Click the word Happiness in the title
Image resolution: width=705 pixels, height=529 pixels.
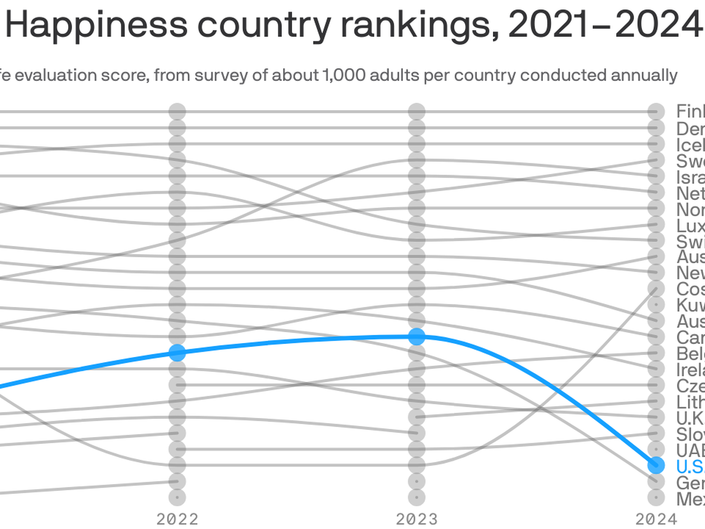pos(97,25)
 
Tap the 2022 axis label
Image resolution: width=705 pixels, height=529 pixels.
pos(177,519)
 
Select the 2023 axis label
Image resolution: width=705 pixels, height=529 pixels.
pos(416,519)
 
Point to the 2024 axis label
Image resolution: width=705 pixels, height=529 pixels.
pos(656,519)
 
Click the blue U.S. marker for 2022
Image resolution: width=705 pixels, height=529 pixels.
pos(177,353)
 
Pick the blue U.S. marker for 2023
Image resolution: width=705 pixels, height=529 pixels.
pos(416,337)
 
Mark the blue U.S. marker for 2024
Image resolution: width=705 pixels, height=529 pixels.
pos(656,465)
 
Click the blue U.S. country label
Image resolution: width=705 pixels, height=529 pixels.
pos(690,466)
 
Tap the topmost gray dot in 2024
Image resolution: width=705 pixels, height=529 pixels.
pos(656,111)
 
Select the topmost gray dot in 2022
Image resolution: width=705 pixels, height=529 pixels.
pos(177,111)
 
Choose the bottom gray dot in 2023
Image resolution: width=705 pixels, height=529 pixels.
pos(416,497)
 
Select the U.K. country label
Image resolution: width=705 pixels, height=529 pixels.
pos(690,418)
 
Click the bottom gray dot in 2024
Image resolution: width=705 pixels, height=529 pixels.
pos(656,497)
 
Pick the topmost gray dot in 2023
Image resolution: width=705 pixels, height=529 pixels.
pos(416,111)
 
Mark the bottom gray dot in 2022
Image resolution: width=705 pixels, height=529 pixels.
pos(177,497)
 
